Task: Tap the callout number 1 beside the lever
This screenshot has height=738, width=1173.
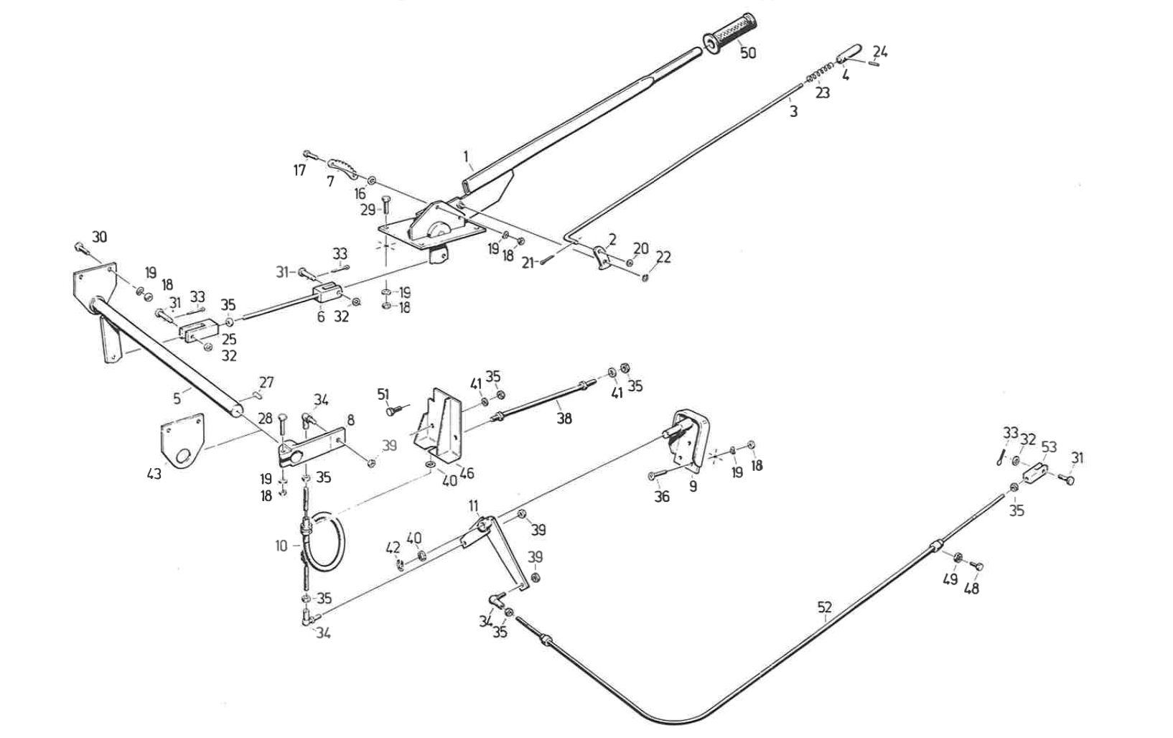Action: point(466,157)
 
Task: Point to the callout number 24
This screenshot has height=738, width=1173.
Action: point(880,52)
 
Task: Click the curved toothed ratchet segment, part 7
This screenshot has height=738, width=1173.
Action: point(346,167)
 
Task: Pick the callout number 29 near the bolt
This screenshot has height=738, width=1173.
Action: point(368,210)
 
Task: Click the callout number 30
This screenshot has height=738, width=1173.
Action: point(99,238)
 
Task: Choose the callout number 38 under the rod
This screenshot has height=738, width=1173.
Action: point(564,418)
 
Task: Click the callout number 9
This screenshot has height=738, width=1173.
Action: point(693,486)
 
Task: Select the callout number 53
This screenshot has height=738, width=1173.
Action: point(1049,447)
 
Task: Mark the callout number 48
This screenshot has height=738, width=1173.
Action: point(972,588)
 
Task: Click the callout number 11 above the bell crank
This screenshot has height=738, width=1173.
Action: point(473,505)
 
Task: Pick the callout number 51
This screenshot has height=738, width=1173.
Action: point(383,394)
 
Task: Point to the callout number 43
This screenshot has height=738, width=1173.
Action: point(154,475)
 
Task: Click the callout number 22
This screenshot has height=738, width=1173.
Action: point(663,256)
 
